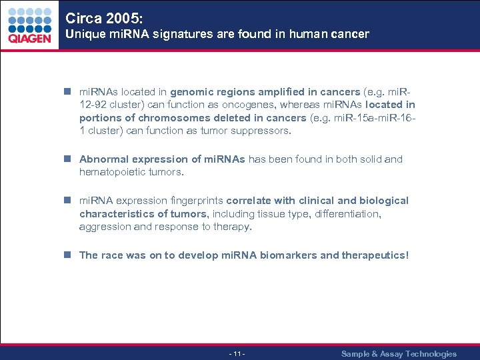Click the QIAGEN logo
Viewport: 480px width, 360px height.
[29, 25]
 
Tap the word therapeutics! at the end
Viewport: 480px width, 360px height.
[375, 255]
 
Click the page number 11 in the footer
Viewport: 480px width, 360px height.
[237, 353]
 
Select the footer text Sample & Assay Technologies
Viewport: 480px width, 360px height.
[399, 353]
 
